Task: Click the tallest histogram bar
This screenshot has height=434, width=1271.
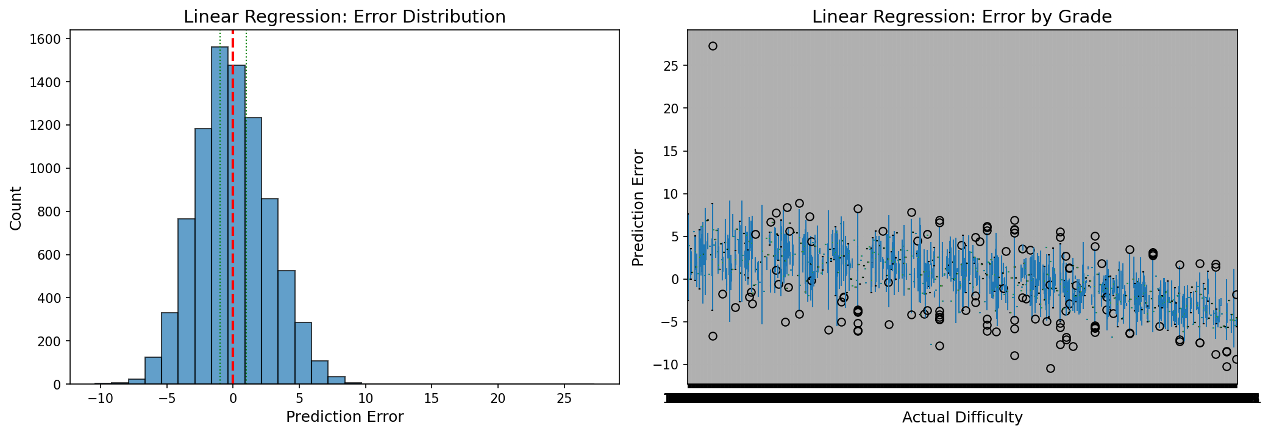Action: (x=219, y=213)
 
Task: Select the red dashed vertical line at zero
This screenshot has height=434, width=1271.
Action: (x=232, y=183)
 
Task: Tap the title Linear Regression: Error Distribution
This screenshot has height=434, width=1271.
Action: (x=344, y=17)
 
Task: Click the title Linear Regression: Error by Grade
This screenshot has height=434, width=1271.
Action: (x=961, y=17)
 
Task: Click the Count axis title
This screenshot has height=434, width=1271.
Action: (x=16, y=208)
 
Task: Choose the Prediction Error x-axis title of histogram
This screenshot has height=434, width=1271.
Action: (x=344, y=417)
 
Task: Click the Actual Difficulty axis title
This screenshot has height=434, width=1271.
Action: (x=962, y=418)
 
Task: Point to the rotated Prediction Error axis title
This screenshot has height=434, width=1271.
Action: (x=638, y=208)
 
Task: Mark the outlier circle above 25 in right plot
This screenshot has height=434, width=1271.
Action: (x=713, y=46)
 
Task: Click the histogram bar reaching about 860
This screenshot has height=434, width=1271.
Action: (x=269, y=293)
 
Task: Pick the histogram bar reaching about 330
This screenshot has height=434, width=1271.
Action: (x=169, y=349)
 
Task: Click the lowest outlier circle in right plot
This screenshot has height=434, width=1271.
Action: (x=1050, y=368)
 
